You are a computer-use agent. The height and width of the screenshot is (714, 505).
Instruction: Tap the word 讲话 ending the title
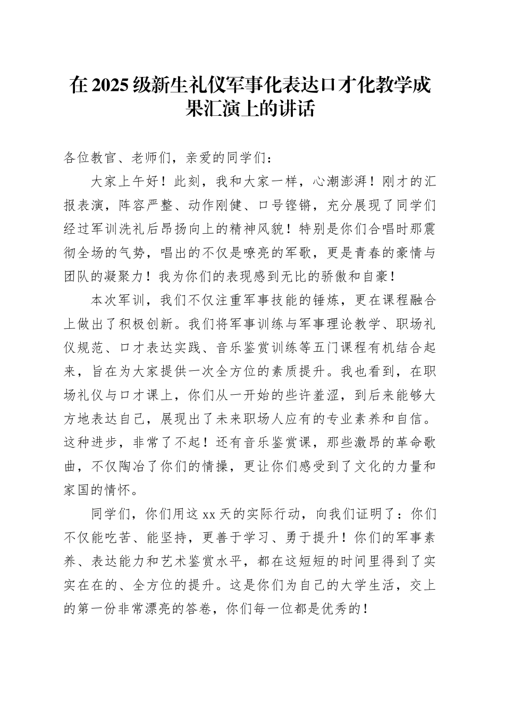click(300, 109)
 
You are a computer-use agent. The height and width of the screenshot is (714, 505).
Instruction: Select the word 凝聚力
click(119, 277)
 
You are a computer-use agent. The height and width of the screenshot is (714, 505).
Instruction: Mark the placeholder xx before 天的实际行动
click(208, 515)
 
